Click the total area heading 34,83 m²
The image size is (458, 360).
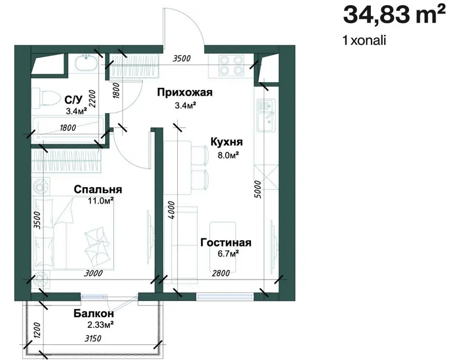[394, 15]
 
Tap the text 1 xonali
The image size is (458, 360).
[365, 40]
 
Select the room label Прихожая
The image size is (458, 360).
[185, 93]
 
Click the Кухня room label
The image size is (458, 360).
[227, 142]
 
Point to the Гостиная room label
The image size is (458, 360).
[226, 242]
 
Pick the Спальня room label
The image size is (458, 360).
[98, 190]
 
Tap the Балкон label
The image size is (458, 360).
[93, 314]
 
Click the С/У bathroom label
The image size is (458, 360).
[73, 100]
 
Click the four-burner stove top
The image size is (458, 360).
[231, 65]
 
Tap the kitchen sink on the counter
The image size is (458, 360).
[266, 115]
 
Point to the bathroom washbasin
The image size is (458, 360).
[86, 63]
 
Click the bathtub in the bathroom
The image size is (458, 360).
[68, 130]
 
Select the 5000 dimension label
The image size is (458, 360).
[257, 190]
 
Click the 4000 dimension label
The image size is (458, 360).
[172, 210]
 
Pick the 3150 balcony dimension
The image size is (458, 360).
[93, 339]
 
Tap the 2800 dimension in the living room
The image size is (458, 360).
[221, 273]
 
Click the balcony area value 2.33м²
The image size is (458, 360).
[101, 325]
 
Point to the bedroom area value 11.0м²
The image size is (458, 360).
[101, 201]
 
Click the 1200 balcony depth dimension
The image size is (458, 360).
[37, 330]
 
